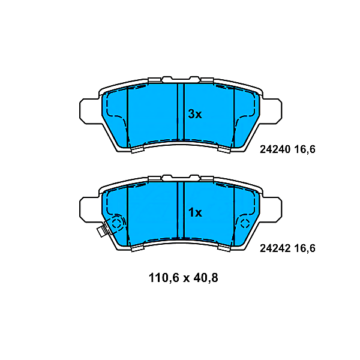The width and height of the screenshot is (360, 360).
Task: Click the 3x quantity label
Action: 195,114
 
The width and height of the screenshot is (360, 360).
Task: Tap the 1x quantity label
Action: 195,212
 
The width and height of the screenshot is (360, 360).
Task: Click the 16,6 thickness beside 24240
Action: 304,150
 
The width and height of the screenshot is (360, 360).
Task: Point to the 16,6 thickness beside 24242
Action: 304,248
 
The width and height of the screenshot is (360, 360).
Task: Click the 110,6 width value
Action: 164,278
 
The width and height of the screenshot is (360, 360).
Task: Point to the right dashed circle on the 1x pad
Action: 245,224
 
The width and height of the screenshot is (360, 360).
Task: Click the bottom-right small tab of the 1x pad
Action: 224,247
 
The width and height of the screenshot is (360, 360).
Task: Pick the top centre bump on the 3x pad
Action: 194,79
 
